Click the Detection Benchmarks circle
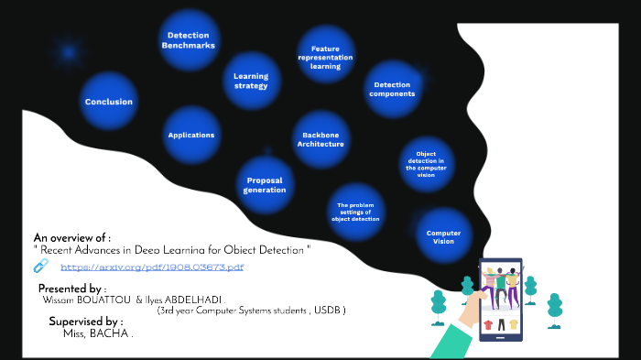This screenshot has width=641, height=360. (189, 40)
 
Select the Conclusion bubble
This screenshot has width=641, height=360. (109, 102)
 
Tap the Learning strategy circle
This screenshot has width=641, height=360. (251, 81)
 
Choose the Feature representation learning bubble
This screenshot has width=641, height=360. (326, 57)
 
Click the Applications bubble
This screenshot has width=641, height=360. (191, 135)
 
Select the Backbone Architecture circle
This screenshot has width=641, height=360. (320, 139)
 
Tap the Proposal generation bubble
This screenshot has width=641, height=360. (265, 184)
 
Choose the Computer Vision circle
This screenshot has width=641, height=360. (444, 236)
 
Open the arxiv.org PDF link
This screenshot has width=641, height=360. (152, 267)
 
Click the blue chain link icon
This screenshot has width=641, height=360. (40, 266)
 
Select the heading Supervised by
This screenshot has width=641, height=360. (85, 322)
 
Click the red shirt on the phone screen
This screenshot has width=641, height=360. (488, 324)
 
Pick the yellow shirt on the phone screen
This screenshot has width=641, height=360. (513, 324)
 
